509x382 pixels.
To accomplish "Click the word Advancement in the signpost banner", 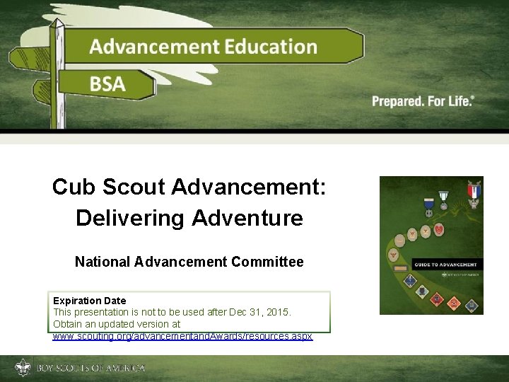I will [153, 47].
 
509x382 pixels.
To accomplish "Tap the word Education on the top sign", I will [271, 47].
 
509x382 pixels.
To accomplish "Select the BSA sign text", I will [107, 84].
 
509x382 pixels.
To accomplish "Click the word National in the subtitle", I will [103, 262].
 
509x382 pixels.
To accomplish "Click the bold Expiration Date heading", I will [89, 301].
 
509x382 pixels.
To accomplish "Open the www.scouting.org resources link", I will [182, 335].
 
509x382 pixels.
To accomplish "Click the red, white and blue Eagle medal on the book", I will [473, 192].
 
